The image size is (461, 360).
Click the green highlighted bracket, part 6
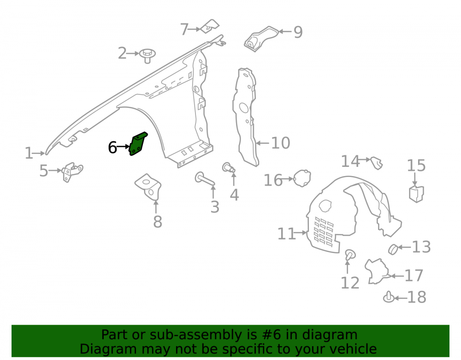click(138, 144)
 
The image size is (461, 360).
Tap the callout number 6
click(112, 148)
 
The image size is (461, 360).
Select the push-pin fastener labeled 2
click(148, 56)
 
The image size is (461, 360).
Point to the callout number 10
click(280, 143)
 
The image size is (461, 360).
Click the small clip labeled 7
click(210, 26)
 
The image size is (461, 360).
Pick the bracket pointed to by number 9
click(260, 39)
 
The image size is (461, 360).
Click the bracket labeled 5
click(72, 172)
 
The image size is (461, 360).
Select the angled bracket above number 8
click(148, 187)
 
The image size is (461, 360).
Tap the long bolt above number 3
click(205, 179)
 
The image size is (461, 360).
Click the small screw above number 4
click(229, 168)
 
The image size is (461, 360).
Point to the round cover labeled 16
click(302, 178)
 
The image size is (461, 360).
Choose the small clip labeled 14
click(377, 163)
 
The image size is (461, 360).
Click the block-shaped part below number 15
click(416, 194)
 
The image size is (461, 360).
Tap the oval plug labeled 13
click(393, 249)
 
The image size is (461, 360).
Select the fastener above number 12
click(350, 254)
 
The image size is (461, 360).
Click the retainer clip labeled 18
click(389, 297)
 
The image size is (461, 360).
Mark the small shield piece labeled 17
click(377, 271)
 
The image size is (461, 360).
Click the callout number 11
click(287, 234)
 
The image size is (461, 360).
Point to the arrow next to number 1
click(39, 153)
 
